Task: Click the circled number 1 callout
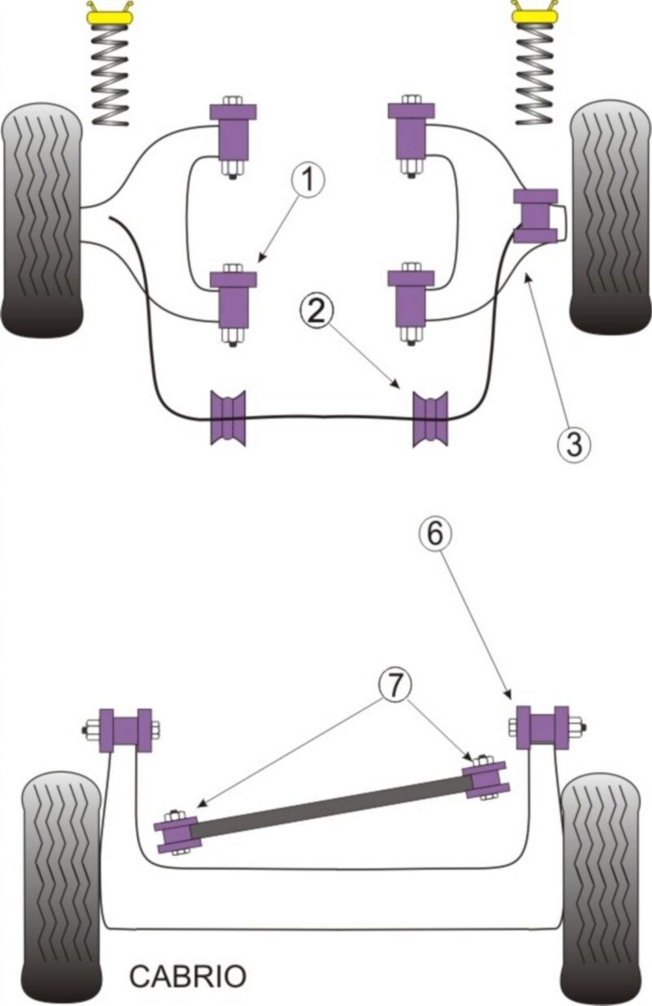click(308, 180)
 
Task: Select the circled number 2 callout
click(317, 311)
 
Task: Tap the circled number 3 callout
click(574, 444)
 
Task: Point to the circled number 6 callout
click(435, 535)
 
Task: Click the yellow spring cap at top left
click(110, 18)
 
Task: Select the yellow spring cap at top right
click(535, 16)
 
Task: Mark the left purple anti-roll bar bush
click(228, 418)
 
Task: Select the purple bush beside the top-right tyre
click(535, 216)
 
